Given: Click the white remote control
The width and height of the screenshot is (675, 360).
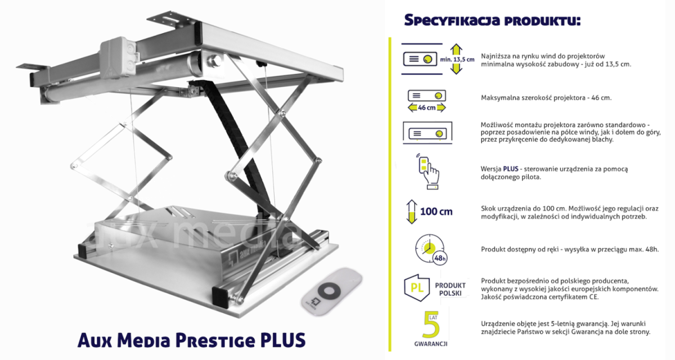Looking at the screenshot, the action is point(331,291).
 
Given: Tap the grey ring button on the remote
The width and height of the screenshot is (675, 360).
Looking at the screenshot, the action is point(329,291).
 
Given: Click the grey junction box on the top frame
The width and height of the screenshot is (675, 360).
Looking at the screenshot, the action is point(118,57).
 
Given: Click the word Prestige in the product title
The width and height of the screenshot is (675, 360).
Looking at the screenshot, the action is point(215,341).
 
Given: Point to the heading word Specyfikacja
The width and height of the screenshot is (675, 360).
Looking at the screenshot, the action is point(452,20).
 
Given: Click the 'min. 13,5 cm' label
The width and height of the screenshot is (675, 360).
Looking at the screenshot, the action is point(457,60).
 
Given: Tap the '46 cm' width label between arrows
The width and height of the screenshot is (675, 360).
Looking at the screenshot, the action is point(426,107).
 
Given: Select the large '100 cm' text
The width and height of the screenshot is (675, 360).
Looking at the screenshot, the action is point(436,211).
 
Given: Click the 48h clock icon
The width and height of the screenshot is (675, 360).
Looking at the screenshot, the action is point(431,249).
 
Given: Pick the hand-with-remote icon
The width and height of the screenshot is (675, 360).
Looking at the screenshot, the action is point(428,172).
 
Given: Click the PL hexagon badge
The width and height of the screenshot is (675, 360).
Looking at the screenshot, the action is point(417,287).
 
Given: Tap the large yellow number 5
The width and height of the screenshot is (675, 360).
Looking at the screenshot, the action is point(431,325).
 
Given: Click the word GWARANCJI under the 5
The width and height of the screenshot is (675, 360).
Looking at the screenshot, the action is point(431,344).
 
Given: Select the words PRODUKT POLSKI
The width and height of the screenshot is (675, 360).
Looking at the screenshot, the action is point(450,289).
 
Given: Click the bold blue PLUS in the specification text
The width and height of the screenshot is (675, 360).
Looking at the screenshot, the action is point(511,169).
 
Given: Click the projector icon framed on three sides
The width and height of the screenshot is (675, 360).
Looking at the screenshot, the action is point(427,133).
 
